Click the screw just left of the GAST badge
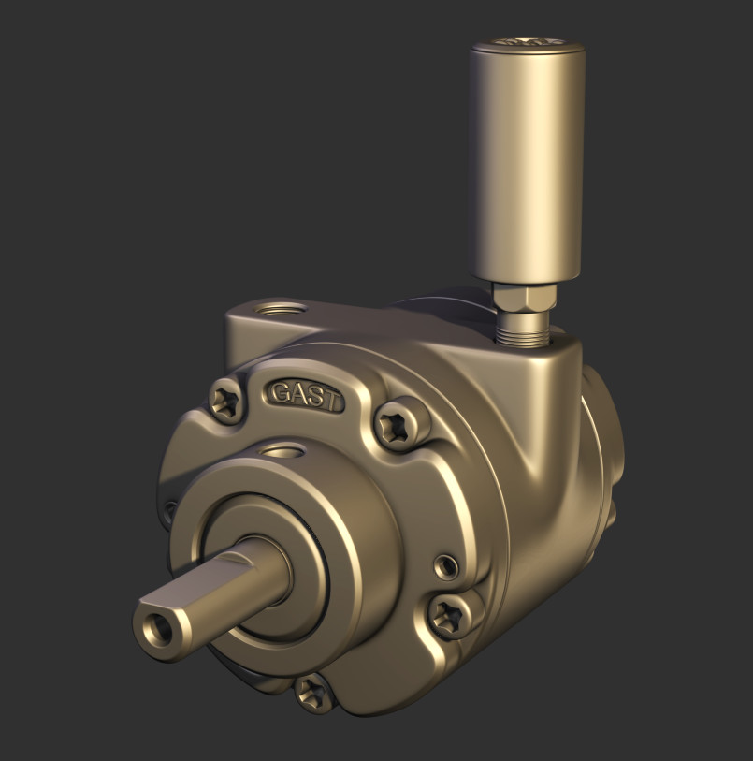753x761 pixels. tap(225, 402)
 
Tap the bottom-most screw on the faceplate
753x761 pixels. tap(312, 695)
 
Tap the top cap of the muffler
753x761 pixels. tap(529, 44)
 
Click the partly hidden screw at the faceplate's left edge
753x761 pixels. tap(170, 510)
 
